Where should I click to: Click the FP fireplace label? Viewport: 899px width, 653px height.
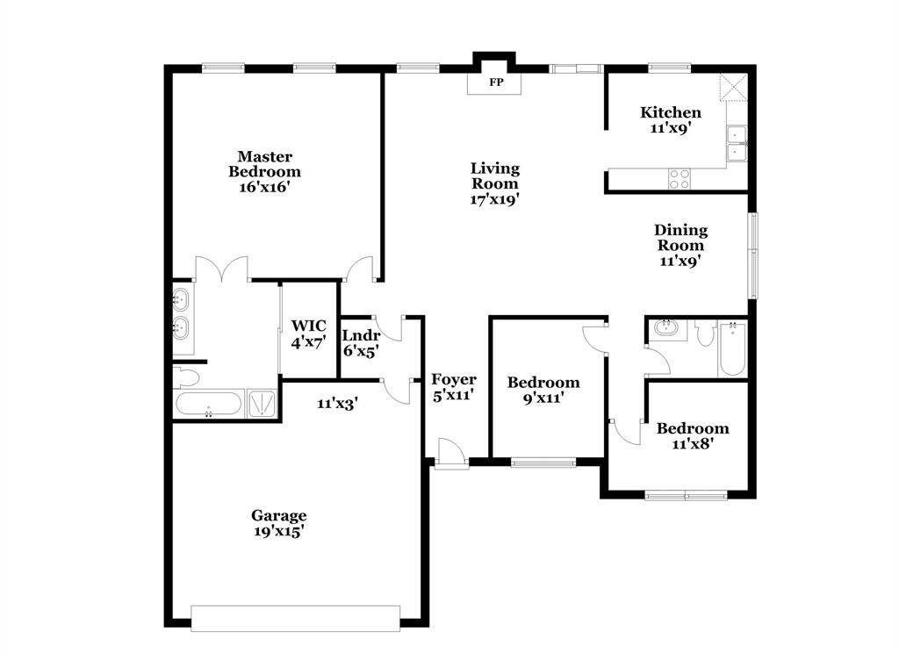[496, 83]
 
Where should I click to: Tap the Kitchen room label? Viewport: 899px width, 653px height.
[671, 112]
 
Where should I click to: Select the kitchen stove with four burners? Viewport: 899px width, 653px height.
[680, 178]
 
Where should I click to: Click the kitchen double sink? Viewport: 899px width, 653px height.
[736, 143]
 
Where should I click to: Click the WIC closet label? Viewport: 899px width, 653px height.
[308, 326]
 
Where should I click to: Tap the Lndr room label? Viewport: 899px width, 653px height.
[360, 336]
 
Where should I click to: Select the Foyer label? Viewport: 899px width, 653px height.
[454, 380]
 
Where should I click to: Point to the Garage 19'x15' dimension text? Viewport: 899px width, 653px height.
[278, 530]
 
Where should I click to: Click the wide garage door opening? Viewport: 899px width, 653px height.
[296, 617]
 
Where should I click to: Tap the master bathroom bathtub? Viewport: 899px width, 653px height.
[209, 404]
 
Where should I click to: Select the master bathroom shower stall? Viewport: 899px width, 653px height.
[263, 404]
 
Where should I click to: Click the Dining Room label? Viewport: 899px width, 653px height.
[680, 238]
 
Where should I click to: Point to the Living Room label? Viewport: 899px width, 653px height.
[495, 176]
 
